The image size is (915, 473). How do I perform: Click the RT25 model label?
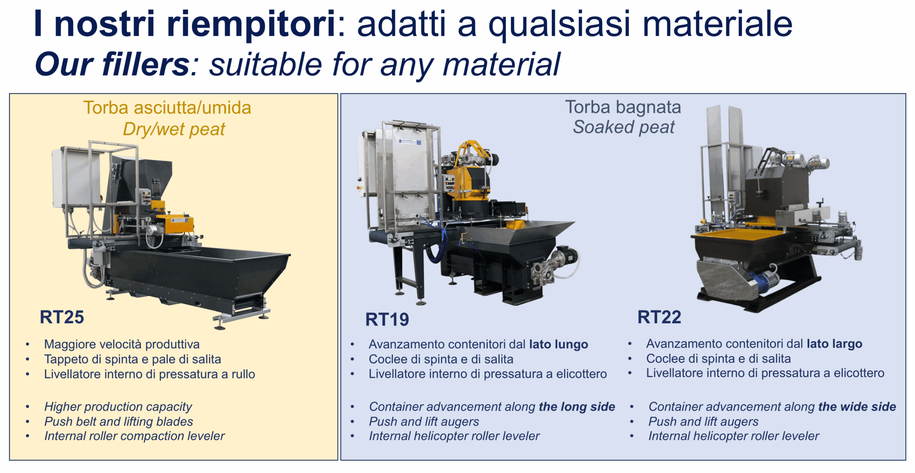coord(62,317)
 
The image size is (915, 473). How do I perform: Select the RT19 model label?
coord(387,320)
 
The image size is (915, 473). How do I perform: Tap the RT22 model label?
coord(659,317)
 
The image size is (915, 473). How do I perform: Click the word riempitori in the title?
coord(251,24)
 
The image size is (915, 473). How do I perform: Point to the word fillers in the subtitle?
coord(146,65)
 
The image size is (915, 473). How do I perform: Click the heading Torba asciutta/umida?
coord(167,108)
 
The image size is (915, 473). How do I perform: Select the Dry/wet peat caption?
coord(174,130)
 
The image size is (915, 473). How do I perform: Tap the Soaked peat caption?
coord(624,127)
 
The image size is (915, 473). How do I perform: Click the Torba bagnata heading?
coord(623,107)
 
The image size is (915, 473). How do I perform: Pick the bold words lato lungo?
coord(559,344)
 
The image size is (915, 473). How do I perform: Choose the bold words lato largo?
coord(834,344)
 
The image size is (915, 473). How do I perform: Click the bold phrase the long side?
coord(577,407)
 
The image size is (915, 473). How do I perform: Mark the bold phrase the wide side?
coord(857,407)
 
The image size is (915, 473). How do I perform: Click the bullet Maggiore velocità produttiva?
coord(122,344)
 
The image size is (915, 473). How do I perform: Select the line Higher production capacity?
coord(118,407)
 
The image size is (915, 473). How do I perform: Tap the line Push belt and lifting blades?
coord(119,421)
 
